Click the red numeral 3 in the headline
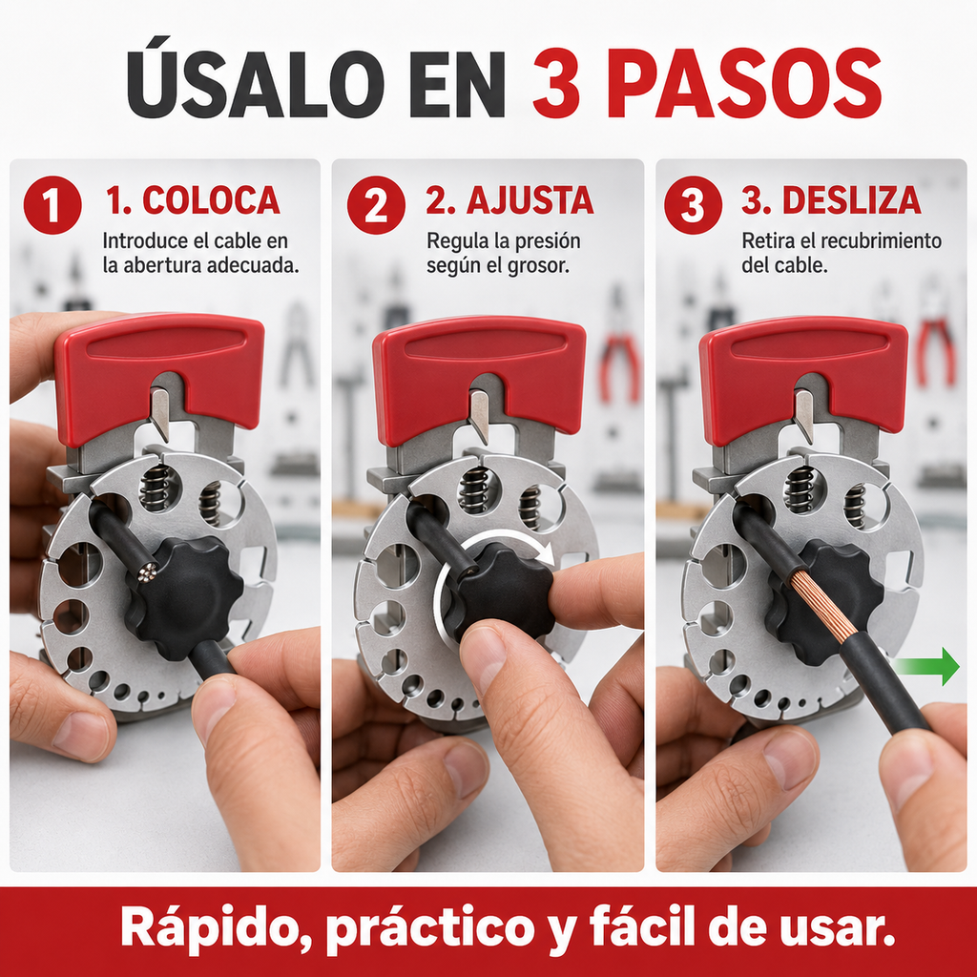tap(556, 84)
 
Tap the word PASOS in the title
tap(744, 84)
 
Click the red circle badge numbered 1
tap(52, 205)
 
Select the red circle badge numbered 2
tap(376, 205)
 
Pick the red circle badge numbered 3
tap(693, 205)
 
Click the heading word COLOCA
tap(211, 200)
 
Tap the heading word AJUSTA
tap(530, 200)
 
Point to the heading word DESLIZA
tap(851, 200)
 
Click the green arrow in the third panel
tap(927, 666)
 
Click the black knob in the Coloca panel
tap(184, 597)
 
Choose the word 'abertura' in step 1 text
tap(161, 265)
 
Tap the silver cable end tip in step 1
tap(147, 572)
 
